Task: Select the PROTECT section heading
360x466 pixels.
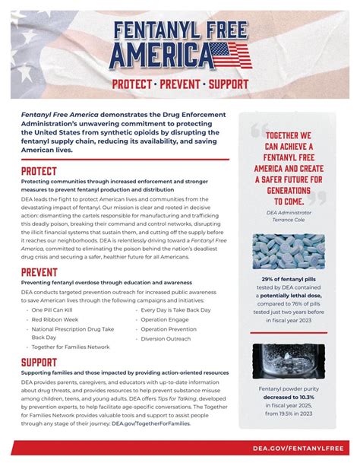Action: tap(39, 171)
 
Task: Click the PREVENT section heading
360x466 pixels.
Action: tap(39, 272)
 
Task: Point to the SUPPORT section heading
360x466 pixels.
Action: tap(39, 362)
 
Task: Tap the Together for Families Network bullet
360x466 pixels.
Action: tap(72, 347)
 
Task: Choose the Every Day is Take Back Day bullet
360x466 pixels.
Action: tap(175, 311)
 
